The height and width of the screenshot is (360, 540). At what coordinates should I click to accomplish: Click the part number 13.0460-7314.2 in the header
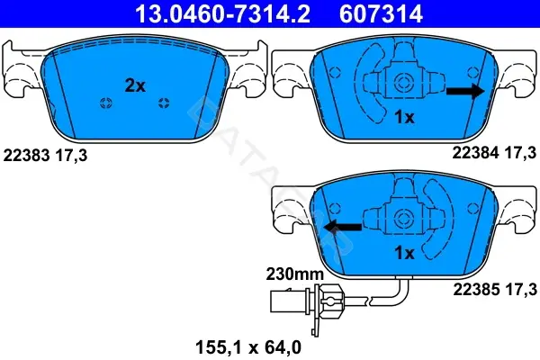[222, 13]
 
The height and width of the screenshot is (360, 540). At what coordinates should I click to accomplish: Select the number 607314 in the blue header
[381, 13]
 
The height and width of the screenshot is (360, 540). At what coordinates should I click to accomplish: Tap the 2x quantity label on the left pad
[135, 85]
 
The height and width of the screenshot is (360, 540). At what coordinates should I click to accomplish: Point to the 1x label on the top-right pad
[404, 118]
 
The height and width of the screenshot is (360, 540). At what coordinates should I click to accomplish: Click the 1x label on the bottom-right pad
[404, 253]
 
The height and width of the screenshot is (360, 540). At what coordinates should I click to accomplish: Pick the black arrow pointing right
[465, 91]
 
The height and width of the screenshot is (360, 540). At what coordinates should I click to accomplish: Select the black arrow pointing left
[343, 227]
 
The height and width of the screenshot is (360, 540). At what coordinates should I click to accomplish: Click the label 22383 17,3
[45, 156]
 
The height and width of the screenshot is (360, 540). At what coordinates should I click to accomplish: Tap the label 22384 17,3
[494, 152]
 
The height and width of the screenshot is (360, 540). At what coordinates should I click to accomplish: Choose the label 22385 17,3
[495, 289]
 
